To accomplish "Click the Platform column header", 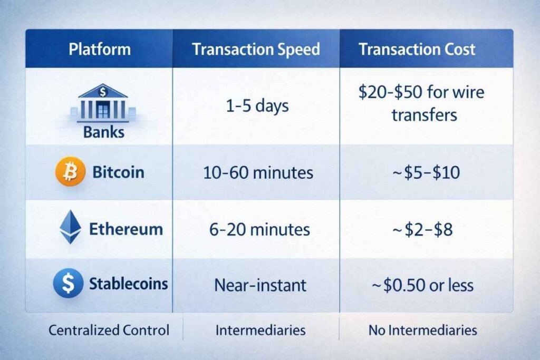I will (x=100, y=50).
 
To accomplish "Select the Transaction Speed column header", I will (x=256, y=50).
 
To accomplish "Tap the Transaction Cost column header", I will (x=417, y=50).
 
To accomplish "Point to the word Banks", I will (x=103, y=132).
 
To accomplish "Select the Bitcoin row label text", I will (x=118, y=172).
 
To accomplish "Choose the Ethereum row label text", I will (x=126, y=229).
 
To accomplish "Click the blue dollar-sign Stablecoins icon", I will (x=68, y=283).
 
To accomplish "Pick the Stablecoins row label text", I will (x=128, y=284).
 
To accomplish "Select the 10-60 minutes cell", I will (x=258, y=172).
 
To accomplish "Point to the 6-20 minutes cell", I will (x=258, y=230).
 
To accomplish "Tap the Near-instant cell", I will (x=260, y=285).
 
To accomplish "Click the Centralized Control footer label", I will (x=109, y=330).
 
